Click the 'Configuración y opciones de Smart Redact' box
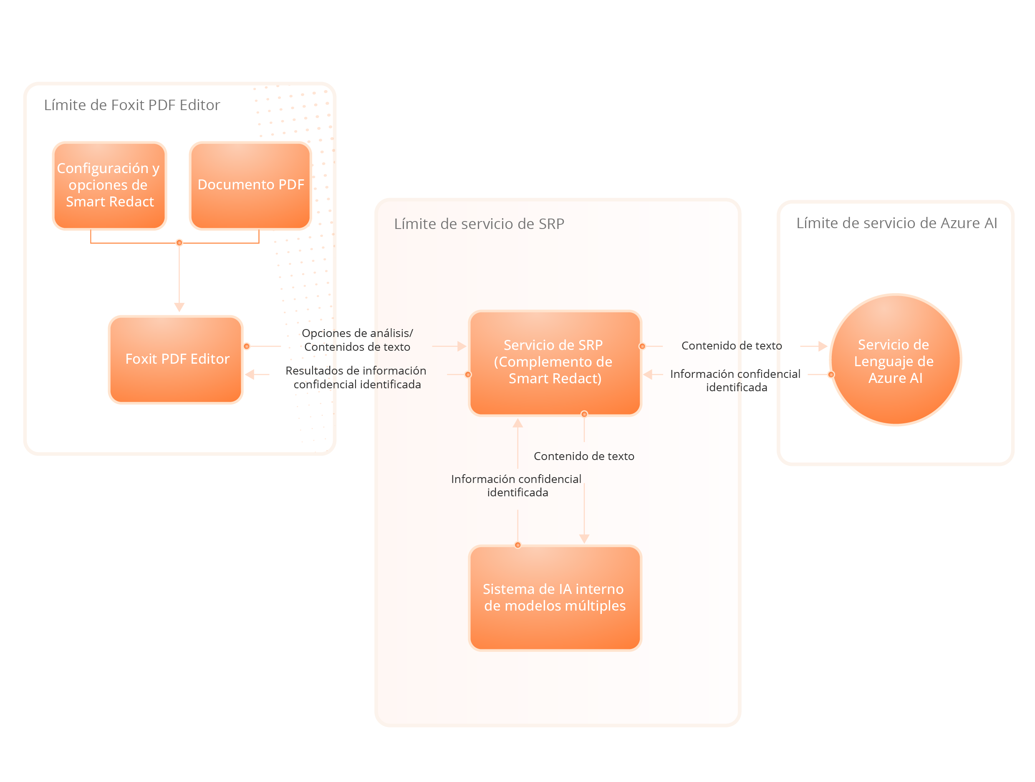[x=109, y=185]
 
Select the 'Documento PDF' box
[x=250, y=185]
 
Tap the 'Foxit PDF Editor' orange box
[x=176, y=359]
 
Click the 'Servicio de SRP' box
[x=555, y=362]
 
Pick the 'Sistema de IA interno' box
[x=555, y=598]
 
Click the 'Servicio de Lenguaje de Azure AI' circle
[x=895, y=360]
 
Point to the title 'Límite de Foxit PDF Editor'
[x=131, y=105]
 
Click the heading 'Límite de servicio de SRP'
[x=479, y=224]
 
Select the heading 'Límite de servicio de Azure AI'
[x=896, y=223]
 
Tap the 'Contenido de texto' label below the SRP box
[x=583, y=456]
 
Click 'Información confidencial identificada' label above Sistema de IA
[x=516, y=485]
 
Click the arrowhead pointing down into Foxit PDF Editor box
[x=179, y=307]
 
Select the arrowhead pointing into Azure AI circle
[x=823, y=346]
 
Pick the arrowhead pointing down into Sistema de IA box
[x=584, y=539]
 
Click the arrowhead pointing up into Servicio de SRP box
[x=517, y=423]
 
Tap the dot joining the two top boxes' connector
[x=179, y=243]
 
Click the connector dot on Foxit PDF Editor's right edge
[x=247, y=346]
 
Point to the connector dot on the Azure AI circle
[x=831, y=375]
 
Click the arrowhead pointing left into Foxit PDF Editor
[x=250, y=375]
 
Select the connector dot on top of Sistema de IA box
[x=517, y=545]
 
